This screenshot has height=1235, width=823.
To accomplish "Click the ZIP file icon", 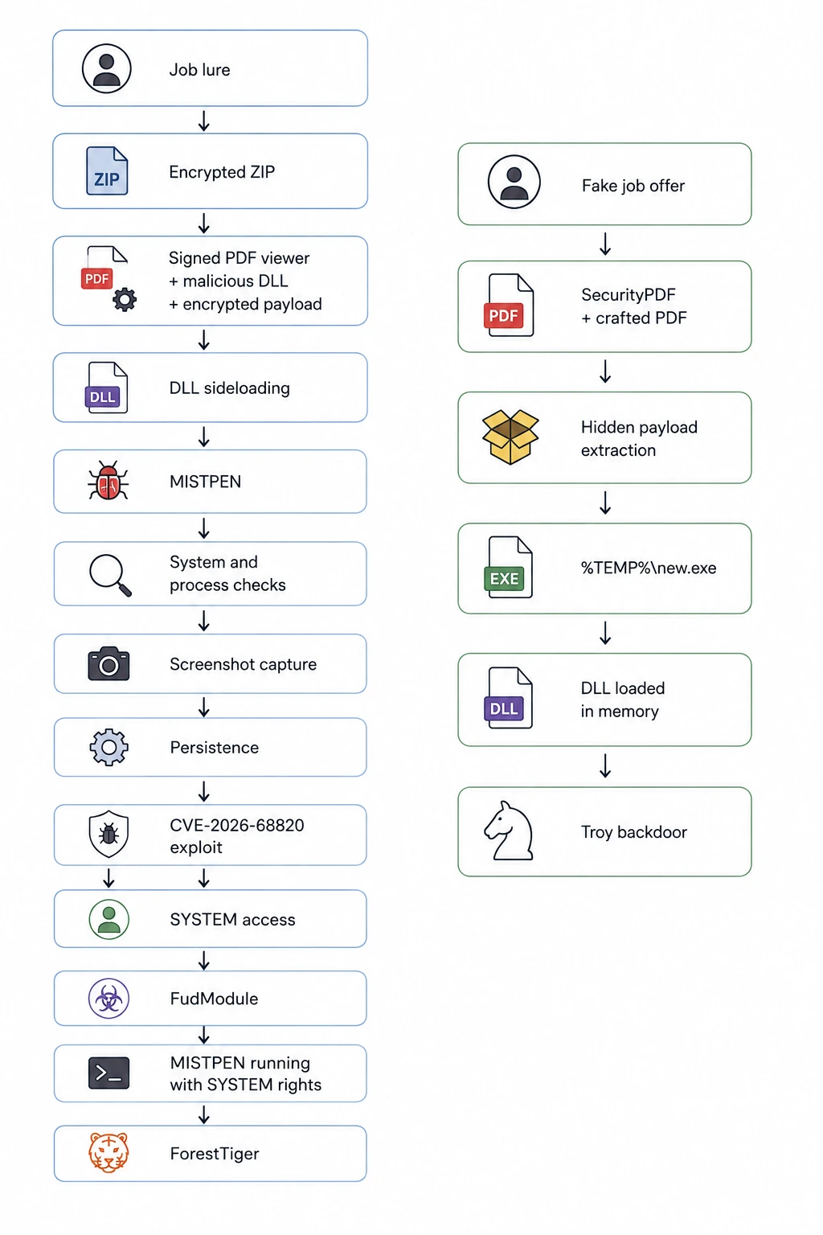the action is click(x=107, y=171).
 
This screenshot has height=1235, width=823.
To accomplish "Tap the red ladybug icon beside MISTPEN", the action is click(x=108, y=482).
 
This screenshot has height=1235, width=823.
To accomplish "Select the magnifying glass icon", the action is click(x=110, y=575).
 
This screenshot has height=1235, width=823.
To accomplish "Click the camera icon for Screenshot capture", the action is click(x=109, y=664).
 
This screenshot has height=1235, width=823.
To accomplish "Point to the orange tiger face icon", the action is click(x=109, y=1152).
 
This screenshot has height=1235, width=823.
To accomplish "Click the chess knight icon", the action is click(x=509, y=831).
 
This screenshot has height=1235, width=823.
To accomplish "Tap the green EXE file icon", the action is click(x=508, y=568).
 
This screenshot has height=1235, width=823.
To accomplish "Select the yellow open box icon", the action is click(x=510, y=437).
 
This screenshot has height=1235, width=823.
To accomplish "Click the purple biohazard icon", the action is click(x=109, y=999).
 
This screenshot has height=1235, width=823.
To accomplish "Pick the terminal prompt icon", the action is click(x=109, y=1073).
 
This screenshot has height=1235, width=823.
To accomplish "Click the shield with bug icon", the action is click(x=109, y=834).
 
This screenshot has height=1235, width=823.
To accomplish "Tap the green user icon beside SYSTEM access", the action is click(x=109, y=919).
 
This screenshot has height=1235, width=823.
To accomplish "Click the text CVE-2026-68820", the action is click(x=237, y=825).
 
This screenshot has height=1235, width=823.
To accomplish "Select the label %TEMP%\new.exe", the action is click(x=649, y=568).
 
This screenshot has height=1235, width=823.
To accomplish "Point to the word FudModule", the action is click(x=214, y=999).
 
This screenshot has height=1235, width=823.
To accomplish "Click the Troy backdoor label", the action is click(x=634, y=831).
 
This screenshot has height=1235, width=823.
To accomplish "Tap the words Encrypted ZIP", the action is click(x=222, y=172).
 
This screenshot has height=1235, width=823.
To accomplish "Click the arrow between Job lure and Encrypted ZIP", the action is click(x=204, y=121).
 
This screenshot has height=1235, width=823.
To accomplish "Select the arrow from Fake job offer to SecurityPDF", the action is click(x=605, y=244).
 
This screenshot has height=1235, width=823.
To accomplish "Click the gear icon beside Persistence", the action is click(x=109, y=747).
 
